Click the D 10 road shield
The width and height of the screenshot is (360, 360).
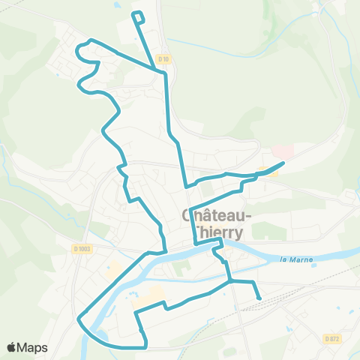(x=164, y=59)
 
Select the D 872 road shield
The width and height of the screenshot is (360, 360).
(x=332, y=338)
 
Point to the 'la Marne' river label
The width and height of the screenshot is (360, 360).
(x=294, y=260)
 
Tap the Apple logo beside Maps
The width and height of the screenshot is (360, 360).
(x=12, y=347)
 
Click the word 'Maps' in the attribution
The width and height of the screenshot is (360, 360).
(x=33, y=347)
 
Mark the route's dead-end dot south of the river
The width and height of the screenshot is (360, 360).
(x=259, y=298)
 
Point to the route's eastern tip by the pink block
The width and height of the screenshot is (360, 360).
(x=283, y=163)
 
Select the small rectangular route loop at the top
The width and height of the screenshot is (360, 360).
(x=138, y=16)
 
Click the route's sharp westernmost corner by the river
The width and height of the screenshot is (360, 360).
(x=79, y=318)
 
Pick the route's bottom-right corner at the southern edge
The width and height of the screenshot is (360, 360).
(x=145, y=346)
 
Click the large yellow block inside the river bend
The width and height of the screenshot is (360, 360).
(x=153, y=293)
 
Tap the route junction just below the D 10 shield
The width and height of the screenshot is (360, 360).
(x=164, y=73)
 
